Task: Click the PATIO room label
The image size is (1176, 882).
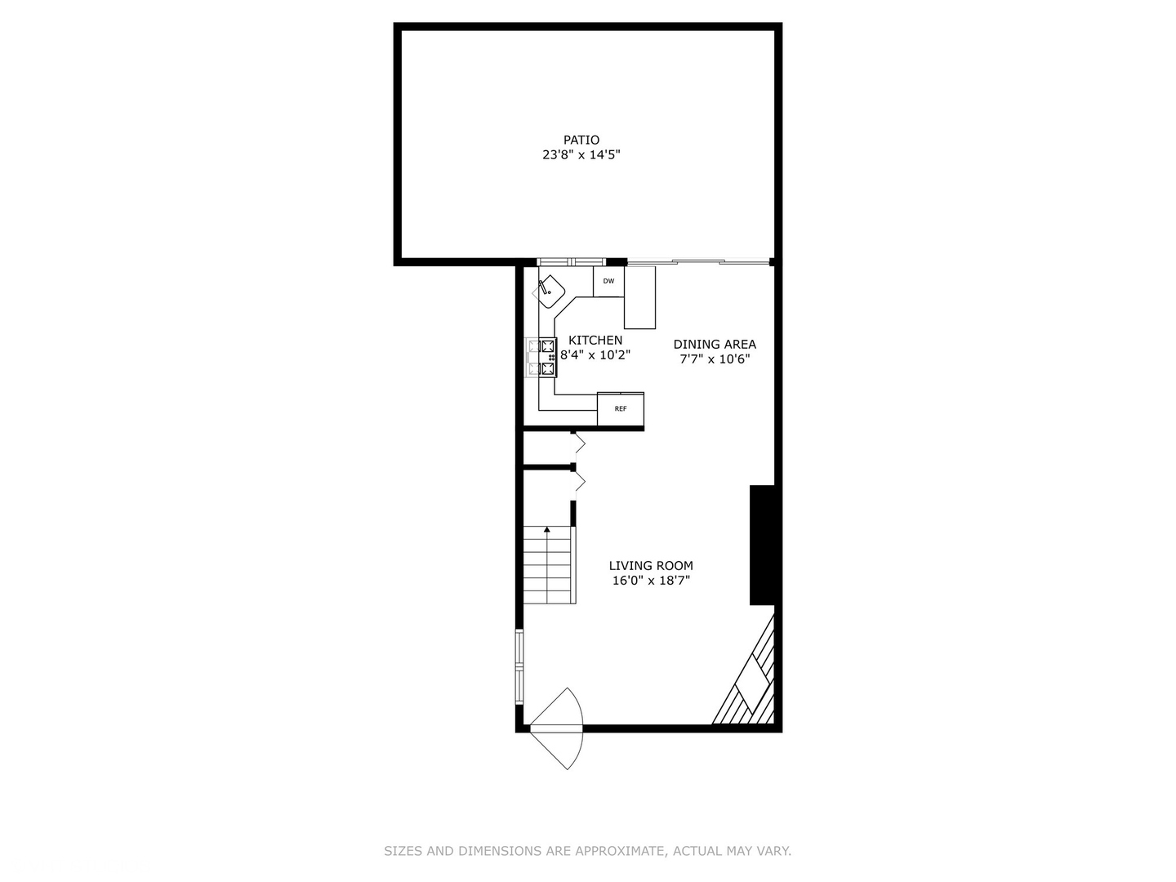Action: (581, 140)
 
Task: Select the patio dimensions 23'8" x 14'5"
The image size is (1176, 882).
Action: (581, 155)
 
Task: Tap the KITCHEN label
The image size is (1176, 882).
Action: (595, 340)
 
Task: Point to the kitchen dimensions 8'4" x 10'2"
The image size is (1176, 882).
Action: (595, 355)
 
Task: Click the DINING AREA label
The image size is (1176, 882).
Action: (715, 344)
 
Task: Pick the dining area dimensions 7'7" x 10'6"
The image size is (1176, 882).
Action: (715, 359)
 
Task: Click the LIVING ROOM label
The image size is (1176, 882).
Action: (651, 565)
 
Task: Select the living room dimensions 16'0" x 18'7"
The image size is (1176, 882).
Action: (651, 581)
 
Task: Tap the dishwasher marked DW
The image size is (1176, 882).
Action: (608, 282)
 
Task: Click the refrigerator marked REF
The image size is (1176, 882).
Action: (621, 408)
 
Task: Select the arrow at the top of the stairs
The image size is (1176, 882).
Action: (546, 530)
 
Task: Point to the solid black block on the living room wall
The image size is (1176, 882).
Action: (762, 545)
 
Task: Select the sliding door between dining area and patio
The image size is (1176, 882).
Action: (698, 262)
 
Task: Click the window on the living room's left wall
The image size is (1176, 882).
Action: (519, 666)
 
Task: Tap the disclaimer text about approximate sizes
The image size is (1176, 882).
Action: (587, 851)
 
